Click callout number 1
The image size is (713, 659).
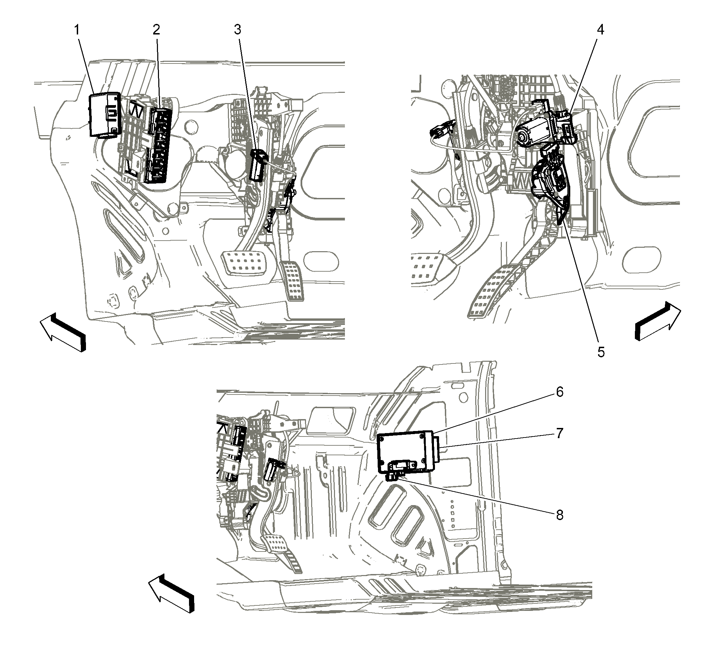(x=77, y=30)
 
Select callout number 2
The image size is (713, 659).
(x=156, y=30)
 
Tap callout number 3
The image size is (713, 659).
(x=237, y=30)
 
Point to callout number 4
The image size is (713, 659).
(x=600, y=30)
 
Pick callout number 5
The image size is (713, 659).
(x=601, y=352)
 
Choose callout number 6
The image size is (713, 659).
(x=560, y=392)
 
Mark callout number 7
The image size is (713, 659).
(x=560, y=433)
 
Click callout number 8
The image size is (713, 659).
(x=560, y=515)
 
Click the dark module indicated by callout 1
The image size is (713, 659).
(x=104, y=115)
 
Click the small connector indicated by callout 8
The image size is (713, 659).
(x=394, y=476)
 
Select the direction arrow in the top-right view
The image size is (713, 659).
(x=658, y=320)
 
